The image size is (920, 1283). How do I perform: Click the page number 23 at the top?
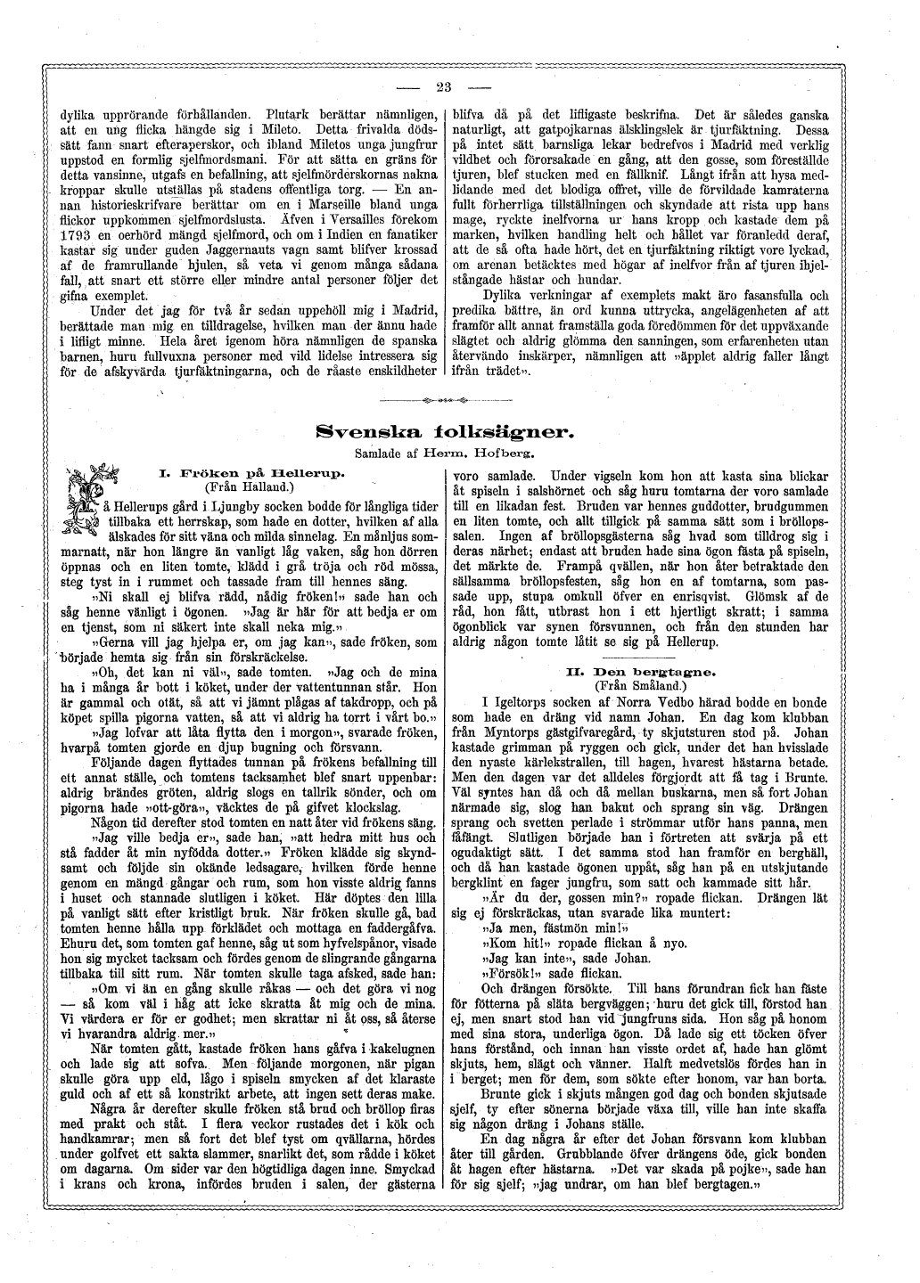[445, 86]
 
